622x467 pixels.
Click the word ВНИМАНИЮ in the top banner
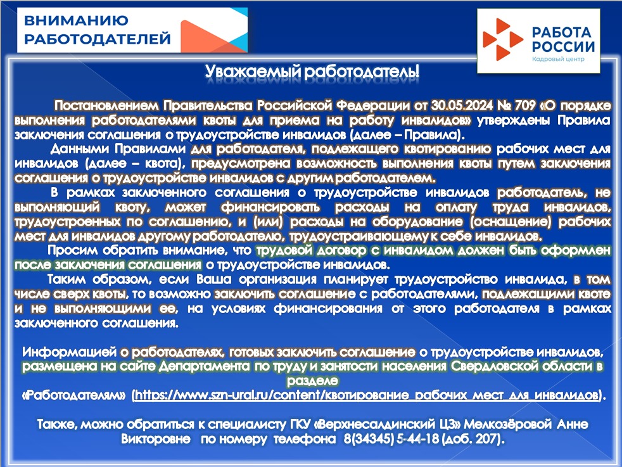76,20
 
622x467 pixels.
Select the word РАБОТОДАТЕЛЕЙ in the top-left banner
98,39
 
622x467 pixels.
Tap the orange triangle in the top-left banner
206,37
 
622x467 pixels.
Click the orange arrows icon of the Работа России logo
502,39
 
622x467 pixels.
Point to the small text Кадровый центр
558,59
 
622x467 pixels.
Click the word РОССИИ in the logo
563,47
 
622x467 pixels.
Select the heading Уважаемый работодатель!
312,72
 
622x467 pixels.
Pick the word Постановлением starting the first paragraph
106,106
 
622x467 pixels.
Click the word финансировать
270,207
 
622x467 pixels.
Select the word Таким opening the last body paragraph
67,279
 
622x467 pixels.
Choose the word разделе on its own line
312,380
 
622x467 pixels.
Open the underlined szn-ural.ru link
367,395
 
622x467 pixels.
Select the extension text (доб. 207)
473,439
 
